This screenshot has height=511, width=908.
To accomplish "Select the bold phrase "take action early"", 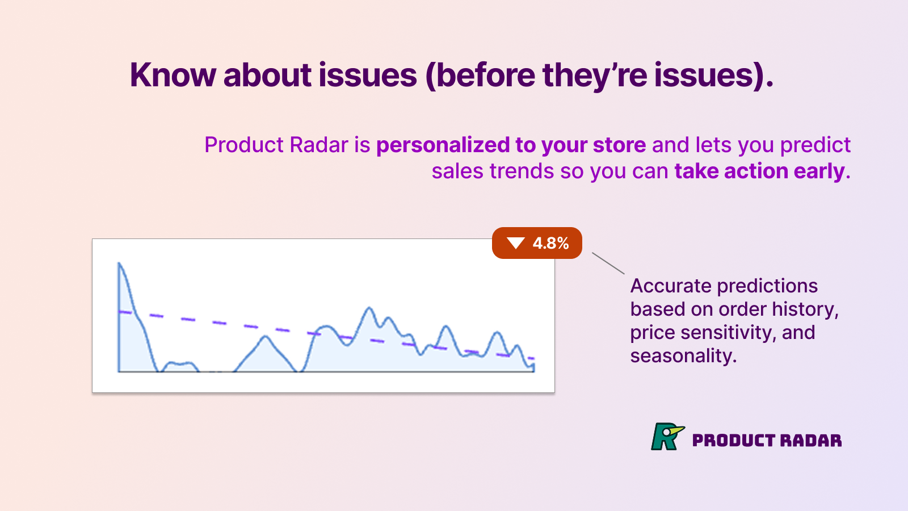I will tap(759, 171).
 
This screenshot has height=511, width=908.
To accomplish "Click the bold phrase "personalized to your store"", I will tap(511, 145).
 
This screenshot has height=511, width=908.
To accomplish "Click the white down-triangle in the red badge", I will tap(516, 243).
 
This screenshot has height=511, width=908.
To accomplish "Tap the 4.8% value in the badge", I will tap(550, 243).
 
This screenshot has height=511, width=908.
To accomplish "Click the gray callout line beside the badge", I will tap(608, 263).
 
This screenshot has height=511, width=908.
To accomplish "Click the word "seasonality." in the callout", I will tap(683, 356).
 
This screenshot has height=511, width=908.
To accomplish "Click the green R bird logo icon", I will tap(667, 437).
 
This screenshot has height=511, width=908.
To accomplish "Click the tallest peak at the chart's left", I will tap(119, 263).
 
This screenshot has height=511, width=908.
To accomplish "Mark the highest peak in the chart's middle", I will tap(369, 308).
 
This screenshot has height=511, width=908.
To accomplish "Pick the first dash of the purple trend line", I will tap(125, 312).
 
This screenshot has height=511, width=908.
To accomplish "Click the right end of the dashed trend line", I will tap(531, 358).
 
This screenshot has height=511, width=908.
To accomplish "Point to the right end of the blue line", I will tap(533, 366).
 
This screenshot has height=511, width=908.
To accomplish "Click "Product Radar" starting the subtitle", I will tap(276, 145).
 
